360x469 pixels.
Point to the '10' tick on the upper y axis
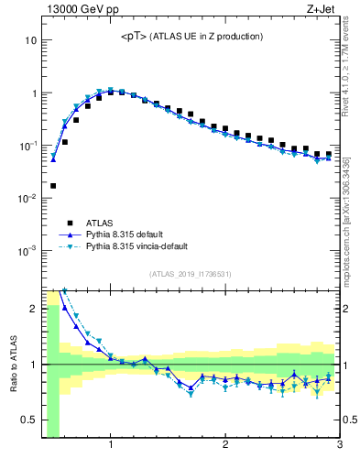pyautogui.click(x=30, y=41)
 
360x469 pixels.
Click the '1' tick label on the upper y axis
pyautogui.click(x=33, y=93)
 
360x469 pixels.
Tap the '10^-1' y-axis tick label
pyautogui.click(x=28, y=145)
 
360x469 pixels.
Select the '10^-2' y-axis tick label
pyautogui.click(x=28, y=197)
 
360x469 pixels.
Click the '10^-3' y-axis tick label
pyautogui.click(x=28, y=249)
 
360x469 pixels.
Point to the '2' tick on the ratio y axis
pyautogui.click(x=32, y=309)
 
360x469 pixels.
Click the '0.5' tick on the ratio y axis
pyautogui.click(x=28, y=420)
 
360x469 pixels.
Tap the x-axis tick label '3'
pyautogui.click(x=339, y=446)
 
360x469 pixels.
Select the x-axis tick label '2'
pyautogui.click(x=225, y=446)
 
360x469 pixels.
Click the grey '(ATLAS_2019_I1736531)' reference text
pyautogui.click(x=191, y=274)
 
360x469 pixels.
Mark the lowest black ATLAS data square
pyautogui.click(x=52, y=185)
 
